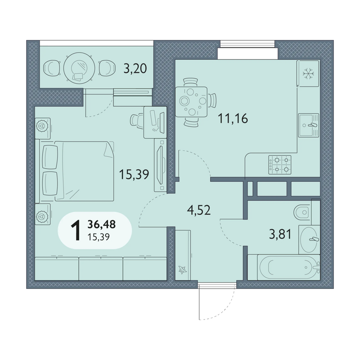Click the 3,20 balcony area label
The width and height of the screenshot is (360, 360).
135,68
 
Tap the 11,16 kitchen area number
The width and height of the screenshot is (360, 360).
233,119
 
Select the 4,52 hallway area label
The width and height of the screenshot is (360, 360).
199,210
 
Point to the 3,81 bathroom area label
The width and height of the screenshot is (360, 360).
280,234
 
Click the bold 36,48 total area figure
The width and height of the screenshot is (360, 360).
102,224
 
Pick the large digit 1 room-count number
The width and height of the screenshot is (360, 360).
76,230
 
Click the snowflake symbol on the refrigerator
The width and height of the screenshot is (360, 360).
308,74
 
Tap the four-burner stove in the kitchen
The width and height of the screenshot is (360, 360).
280,165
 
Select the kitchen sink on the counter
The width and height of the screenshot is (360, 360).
309,126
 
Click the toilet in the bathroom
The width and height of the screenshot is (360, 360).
302,212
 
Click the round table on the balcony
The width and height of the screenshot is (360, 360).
79,68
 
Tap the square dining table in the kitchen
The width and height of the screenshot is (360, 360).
191,102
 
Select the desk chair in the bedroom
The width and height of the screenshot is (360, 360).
137,120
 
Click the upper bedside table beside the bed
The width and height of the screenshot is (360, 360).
43,129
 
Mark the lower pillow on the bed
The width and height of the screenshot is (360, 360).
50,184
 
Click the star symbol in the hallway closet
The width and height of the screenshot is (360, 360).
183,270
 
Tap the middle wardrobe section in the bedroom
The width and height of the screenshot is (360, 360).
101,269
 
